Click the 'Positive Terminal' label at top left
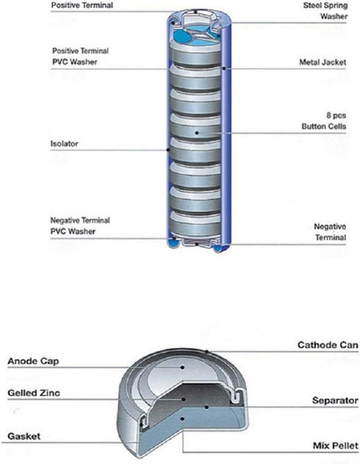point(82,5)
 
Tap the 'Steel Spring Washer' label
point(325,11)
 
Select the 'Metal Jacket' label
point(323,62)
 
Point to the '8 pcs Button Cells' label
point(323,120)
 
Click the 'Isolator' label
point(64,144)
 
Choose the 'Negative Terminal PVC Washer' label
point(80,226)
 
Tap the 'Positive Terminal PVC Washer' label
point(80,57)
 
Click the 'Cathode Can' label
point(328,345)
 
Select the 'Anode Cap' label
point(33,361)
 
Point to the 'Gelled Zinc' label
point(34,393)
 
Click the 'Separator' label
point(335,401)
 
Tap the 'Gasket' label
point(24,436)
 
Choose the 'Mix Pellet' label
point(336,446)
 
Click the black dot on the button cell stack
point(197,133)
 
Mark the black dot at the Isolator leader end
point(168,150)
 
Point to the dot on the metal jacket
point(224,68)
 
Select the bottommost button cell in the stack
point(195,224)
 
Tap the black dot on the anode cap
point(183,367)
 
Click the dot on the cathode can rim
point(207,352)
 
